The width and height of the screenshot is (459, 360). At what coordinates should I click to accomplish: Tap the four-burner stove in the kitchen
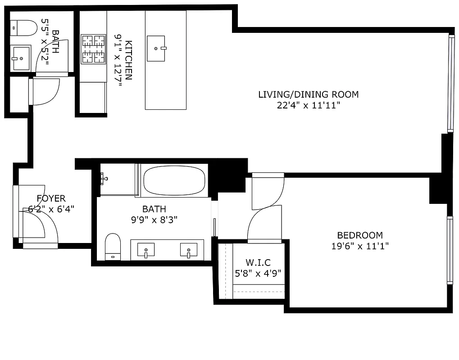93,49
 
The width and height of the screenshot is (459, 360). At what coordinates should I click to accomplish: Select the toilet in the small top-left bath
23,28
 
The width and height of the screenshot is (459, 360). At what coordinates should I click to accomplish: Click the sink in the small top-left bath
20,58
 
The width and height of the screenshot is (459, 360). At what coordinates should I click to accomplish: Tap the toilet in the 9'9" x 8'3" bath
113,246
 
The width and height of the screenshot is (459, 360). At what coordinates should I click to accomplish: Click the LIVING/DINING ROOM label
308,94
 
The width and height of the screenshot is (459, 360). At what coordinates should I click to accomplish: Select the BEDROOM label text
359,235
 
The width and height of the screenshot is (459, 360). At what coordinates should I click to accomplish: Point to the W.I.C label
258,262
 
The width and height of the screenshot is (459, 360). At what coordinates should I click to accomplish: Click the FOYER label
51,198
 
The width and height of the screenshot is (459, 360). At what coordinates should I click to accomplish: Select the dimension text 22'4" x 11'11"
308,106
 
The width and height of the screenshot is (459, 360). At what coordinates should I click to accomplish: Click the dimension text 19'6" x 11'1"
359,246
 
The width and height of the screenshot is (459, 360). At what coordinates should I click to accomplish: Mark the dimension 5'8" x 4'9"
258,273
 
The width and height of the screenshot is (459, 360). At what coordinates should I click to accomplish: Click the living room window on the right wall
450,84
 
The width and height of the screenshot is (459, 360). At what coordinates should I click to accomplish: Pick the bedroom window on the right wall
449,250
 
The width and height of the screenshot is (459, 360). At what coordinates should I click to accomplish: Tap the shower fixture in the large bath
105,179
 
